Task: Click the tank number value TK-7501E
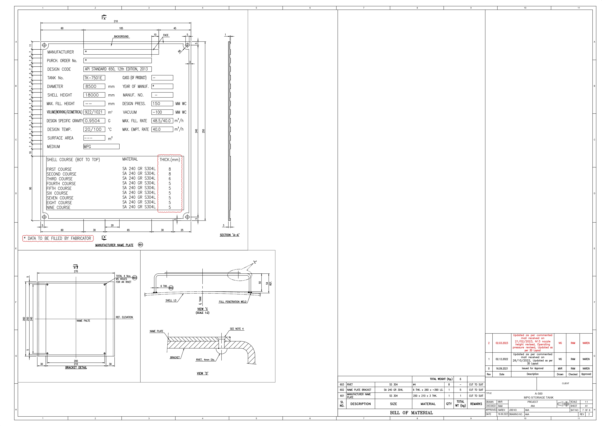point(93,78)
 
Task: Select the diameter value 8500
point(91,87)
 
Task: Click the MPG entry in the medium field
point(87,147)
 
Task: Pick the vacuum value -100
point(157,112)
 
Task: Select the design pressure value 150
point(156,104)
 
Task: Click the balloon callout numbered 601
point(141,245)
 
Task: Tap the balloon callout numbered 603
point(135,278)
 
